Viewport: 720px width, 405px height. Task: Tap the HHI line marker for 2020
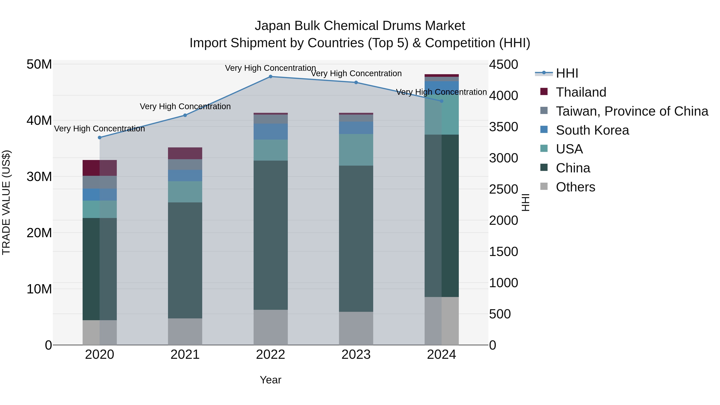[100, 138]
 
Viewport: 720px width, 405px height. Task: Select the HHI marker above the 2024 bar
[441, 101]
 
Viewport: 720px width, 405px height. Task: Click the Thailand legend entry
[581, 92]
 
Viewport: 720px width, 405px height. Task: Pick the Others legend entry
[575, 187]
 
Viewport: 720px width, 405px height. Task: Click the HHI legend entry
[567, 73]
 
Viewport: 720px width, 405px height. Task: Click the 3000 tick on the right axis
[503, 158]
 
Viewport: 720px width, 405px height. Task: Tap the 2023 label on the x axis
[356, 355]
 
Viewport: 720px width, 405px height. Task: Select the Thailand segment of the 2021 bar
[185, 153]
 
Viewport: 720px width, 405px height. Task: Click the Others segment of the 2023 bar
[356, 328]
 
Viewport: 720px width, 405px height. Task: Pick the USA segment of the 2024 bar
[441, 115]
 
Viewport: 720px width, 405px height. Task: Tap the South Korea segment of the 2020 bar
[100, 195]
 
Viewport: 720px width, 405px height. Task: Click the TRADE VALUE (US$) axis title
[6, 202]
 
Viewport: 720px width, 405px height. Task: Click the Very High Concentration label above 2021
[185, 106]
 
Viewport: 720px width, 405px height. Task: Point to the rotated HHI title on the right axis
[525, 202]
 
